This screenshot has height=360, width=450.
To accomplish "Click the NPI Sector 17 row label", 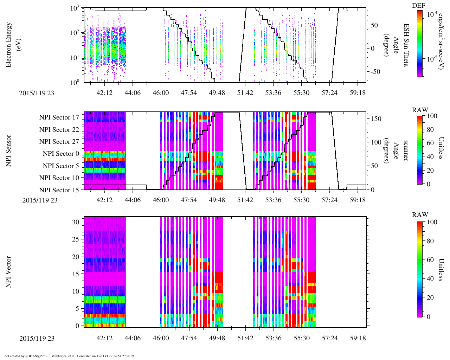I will [x=59, y=117].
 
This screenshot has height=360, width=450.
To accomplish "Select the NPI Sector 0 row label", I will [x=61, y=154].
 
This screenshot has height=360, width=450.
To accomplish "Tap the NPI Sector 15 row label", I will [x=59, y=190].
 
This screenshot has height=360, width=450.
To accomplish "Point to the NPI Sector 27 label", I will [x=59, y=142].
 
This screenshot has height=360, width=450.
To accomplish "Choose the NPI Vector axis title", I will [x=8, y=272].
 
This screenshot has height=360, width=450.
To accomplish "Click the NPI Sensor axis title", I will [x=8, y=151].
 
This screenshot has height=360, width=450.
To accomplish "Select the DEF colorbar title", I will [x=418, y=6].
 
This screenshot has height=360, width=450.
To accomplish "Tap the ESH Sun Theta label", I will [x=406, y=45].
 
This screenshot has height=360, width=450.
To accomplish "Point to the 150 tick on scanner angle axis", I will [x=377, y=119].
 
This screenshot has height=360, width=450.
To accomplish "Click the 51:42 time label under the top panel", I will [x=245, y=93].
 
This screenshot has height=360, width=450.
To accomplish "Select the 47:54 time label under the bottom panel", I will [x=189, y=338].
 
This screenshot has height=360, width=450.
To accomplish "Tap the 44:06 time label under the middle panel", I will [x=133, y=200].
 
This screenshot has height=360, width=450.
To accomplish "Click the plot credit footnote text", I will [x=69, y=356].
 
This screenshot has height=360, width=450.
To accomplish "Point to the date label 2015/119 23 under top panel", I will [x=37, y=93].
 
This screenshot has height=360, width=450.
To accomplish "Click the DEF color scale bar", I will [x=419, y=43].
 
